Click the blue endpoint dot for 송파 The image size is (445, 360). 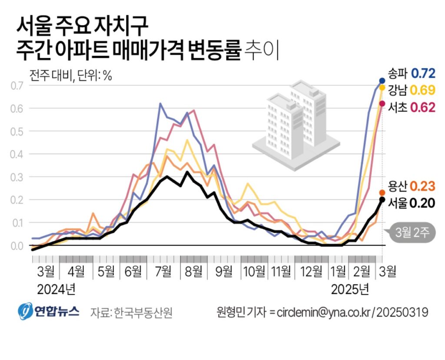pos(382,80)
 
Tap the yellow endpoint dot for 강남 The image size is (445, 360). pos(382,87)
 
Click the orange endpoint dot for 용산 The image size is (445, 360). pos(382,193)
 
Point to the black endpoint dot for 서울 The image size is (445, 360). pos(382,200)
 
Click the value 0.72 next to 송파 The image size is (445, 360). pos(423,73)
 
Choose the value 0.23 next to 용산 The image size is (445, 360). pos(423,187)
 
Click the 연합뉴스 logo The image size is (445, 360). pos(49,311)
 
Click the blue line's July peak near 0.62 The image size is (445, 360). pos(160,103)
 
